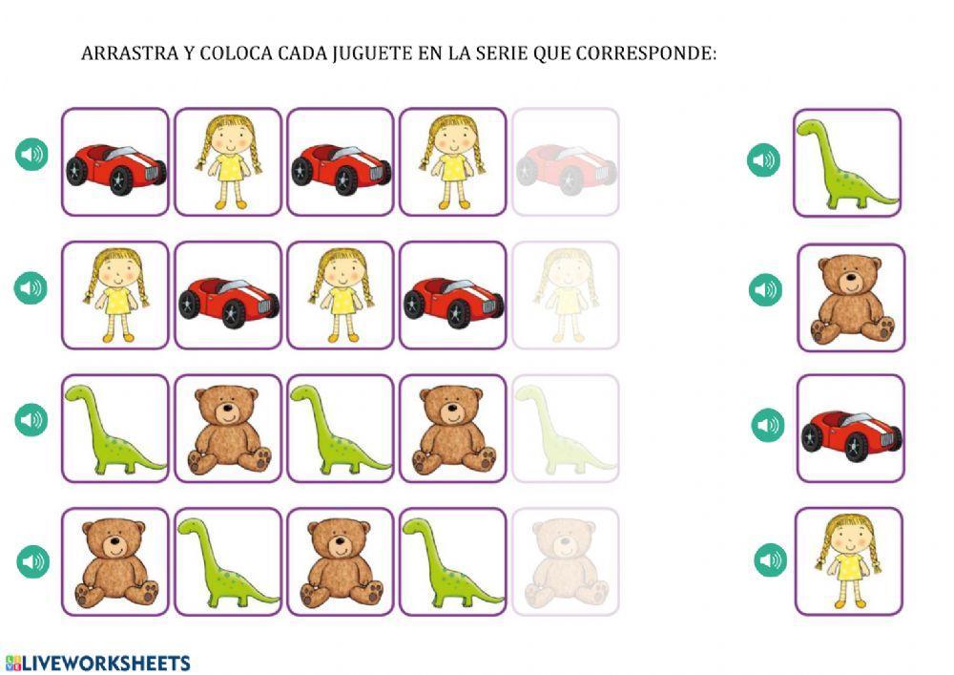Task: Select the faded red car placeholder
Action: tap(565, 162)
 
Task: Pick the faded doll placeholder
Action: tap(565, 295)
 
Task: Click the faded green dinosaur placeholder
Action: tap(565, 428)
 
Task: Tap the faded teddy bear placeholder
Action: tap(565, 561)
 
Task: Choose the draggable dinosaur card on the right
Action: tap(847, 163)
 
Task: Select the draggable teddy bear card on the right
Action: tap(850, 297)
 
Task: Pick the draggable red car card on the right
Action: tap(850, 429)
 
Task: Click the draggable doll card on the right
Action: tap(848, 561)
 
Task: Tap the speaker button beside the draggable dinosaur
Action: tap(763, 159)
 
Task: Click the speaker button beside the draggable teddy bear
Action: tap(765, 289)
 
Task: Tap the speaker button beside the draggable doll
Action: tap(771, 560)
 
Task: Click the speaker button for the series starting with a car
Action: tap(31, 154)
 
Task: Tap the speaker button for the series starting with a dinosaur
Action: tap(31, 419)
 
